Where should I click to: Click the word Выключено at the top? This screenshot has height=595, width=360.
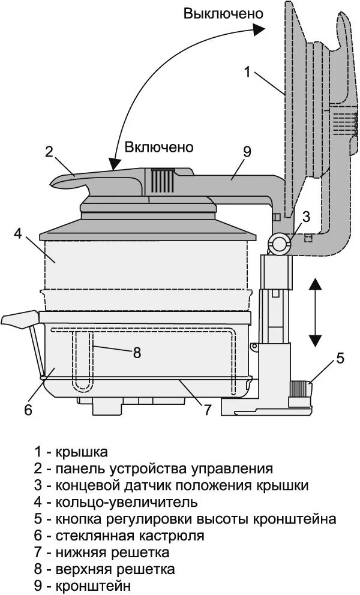point(223,13)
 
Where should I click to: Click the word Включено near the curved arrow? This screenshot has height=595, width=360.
point(159,147)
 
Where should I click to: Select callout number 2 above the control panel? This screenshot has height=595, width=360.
point(50,151)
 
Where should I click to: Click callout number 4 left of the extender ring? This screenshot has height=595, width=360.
point(19,233)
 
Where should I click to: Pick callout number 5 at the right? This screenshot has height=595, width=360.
point(340,359)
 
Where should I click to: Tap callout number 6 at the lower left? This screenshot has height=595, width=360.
point(28,410)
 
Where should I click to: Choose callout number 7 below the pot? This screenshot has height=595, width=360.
point(208,410)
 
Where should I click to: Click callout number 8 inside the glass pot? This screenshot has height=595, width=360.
point(137,353)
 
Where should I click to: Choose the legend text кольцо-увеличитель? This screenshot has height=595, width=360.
point(127,502)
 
